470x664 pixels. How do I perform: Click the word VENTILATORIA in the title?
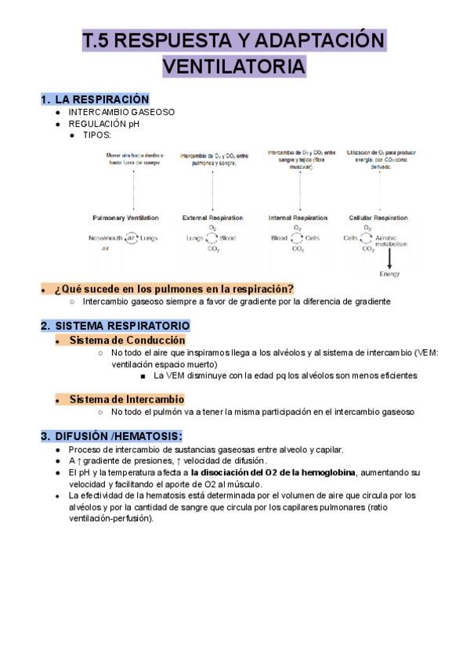233,67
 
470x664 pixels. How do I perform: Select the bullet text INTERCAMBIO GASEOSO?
121,112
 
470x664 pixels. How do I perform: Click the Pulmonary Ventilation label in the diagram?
125,218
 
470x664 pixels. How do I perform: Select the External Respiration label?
212,218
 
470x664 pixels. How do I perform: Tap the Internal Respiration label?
298,218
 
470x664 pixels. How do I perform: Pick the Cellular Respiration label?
378,218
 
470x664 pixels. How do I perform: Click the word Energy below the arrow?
389,274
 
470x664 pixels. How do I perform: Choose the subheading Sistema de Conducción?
127,341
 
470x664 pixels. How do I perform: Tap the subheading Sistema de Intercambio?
127,399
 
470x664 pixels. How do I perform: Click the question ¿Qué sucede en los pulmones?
174,289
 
